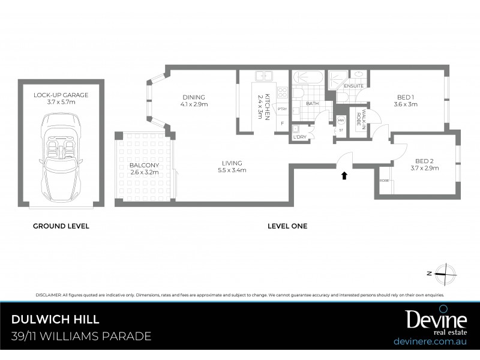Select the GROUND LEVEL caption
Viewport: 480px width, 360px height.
[x=61, y=226]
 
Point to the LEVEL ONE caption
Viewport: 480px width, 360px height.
[x=287, y=226]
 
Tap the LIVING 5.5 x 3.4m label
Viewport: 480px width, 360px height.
[x=231, y=166]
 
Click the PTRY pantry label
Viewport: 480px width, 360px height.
[x=282, y=109]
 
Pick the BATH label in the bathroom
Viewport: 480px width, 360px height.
[x=312, y=103]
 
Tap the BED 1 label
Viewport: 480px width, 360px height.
[x=406, y=100]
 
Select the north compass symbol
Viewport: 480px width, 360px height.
[x=444, y=273]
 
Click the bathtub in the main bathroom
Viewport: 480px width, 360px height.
[x=307, y=78]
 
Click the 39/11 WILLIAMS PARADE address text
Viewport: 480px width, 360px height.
[x=80, y=337]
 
